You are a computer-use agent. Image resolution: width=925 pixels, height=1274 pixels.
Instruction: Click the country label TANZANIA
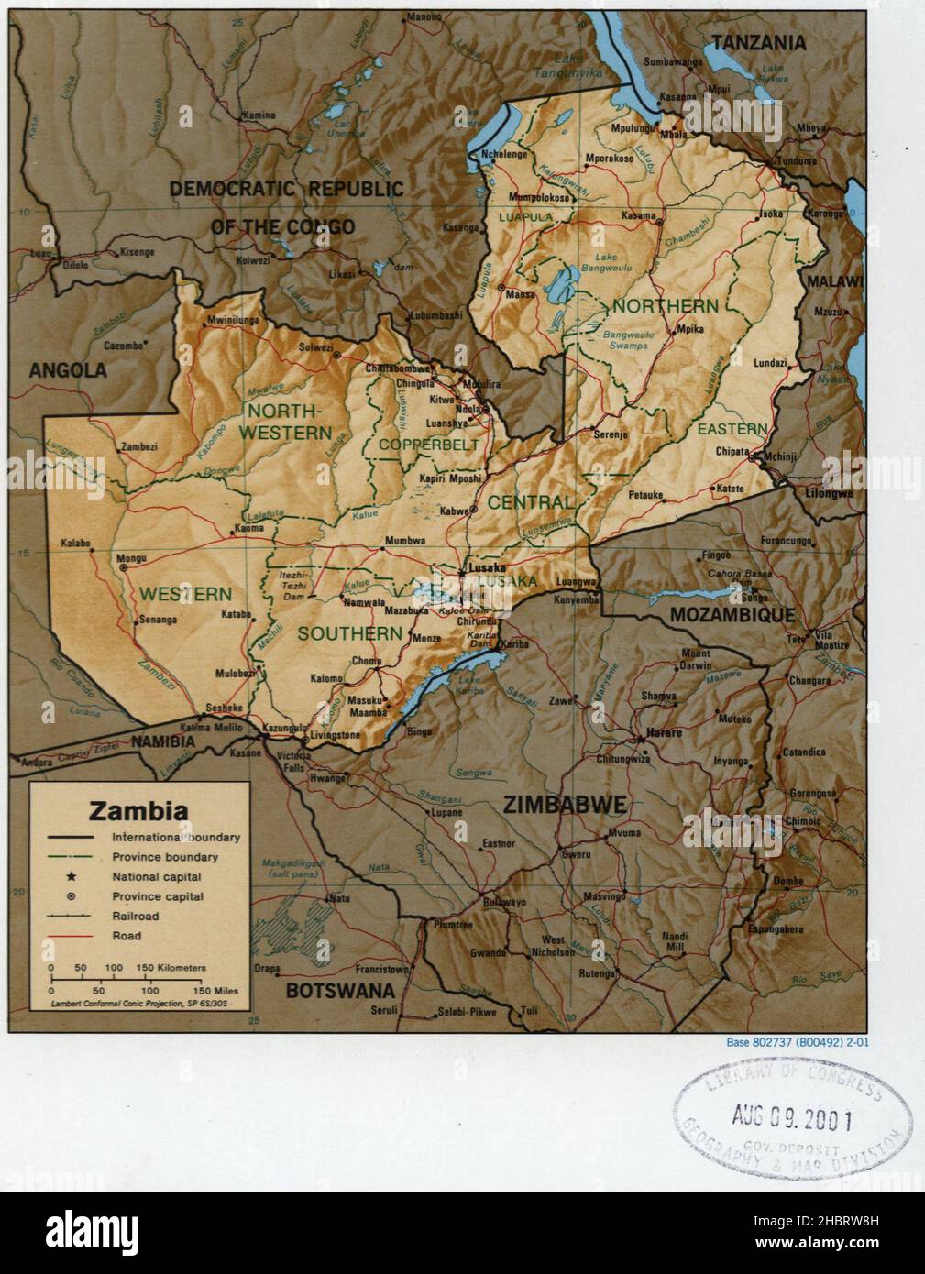pyautogui.click(x=759, y=42)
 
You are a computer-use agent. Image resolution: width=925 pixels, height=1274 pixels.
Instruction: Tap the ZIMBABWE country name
pyautogui.click(x=564, y=806)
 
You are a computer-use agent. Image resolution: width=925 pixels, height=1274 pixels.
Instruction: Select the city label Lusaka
pyautogui.click(x=487, y=568)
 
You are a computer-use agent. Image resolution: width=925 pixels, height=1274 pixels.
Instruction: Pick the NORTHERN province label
pyautogui.click(x=666, y=305)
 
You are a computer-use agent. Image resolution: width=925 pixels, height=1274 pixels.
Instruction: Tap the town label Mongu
pyautogui.click(x=134, y=555)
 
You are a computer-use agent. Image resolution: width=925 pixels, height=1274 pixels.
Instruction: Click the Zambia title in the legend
pyautogui.click(x=138, y=810)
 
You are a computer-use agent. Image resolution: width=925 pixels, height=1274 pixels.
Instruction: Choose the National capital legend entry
pyautogui.click(x=157, y=877)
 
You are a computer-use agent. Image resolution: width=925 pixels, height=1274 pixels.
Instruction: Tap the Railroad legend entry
pyautogui.click(x=136, y=916)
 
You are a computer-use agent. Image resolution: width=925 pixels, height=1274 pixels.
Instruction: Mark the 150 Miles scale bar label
pyautogui.click(x=215, y=991)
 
